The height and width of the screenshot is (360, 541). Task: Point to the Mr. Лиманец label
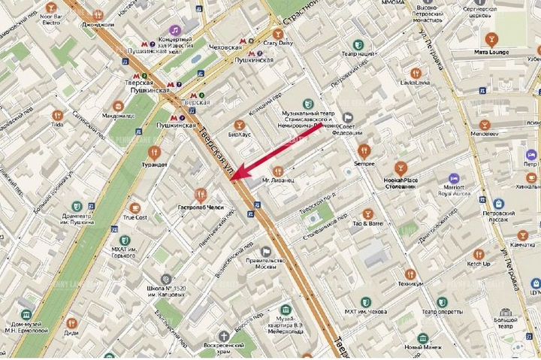277,181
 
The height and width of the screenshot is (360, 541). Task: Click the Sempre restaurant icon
365,150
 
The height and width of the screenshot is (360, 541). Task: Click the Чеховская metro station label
225,47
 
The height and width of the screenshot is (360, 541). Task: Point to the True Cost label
135,218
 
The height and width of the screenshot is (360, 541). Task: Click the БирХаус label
240,138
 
